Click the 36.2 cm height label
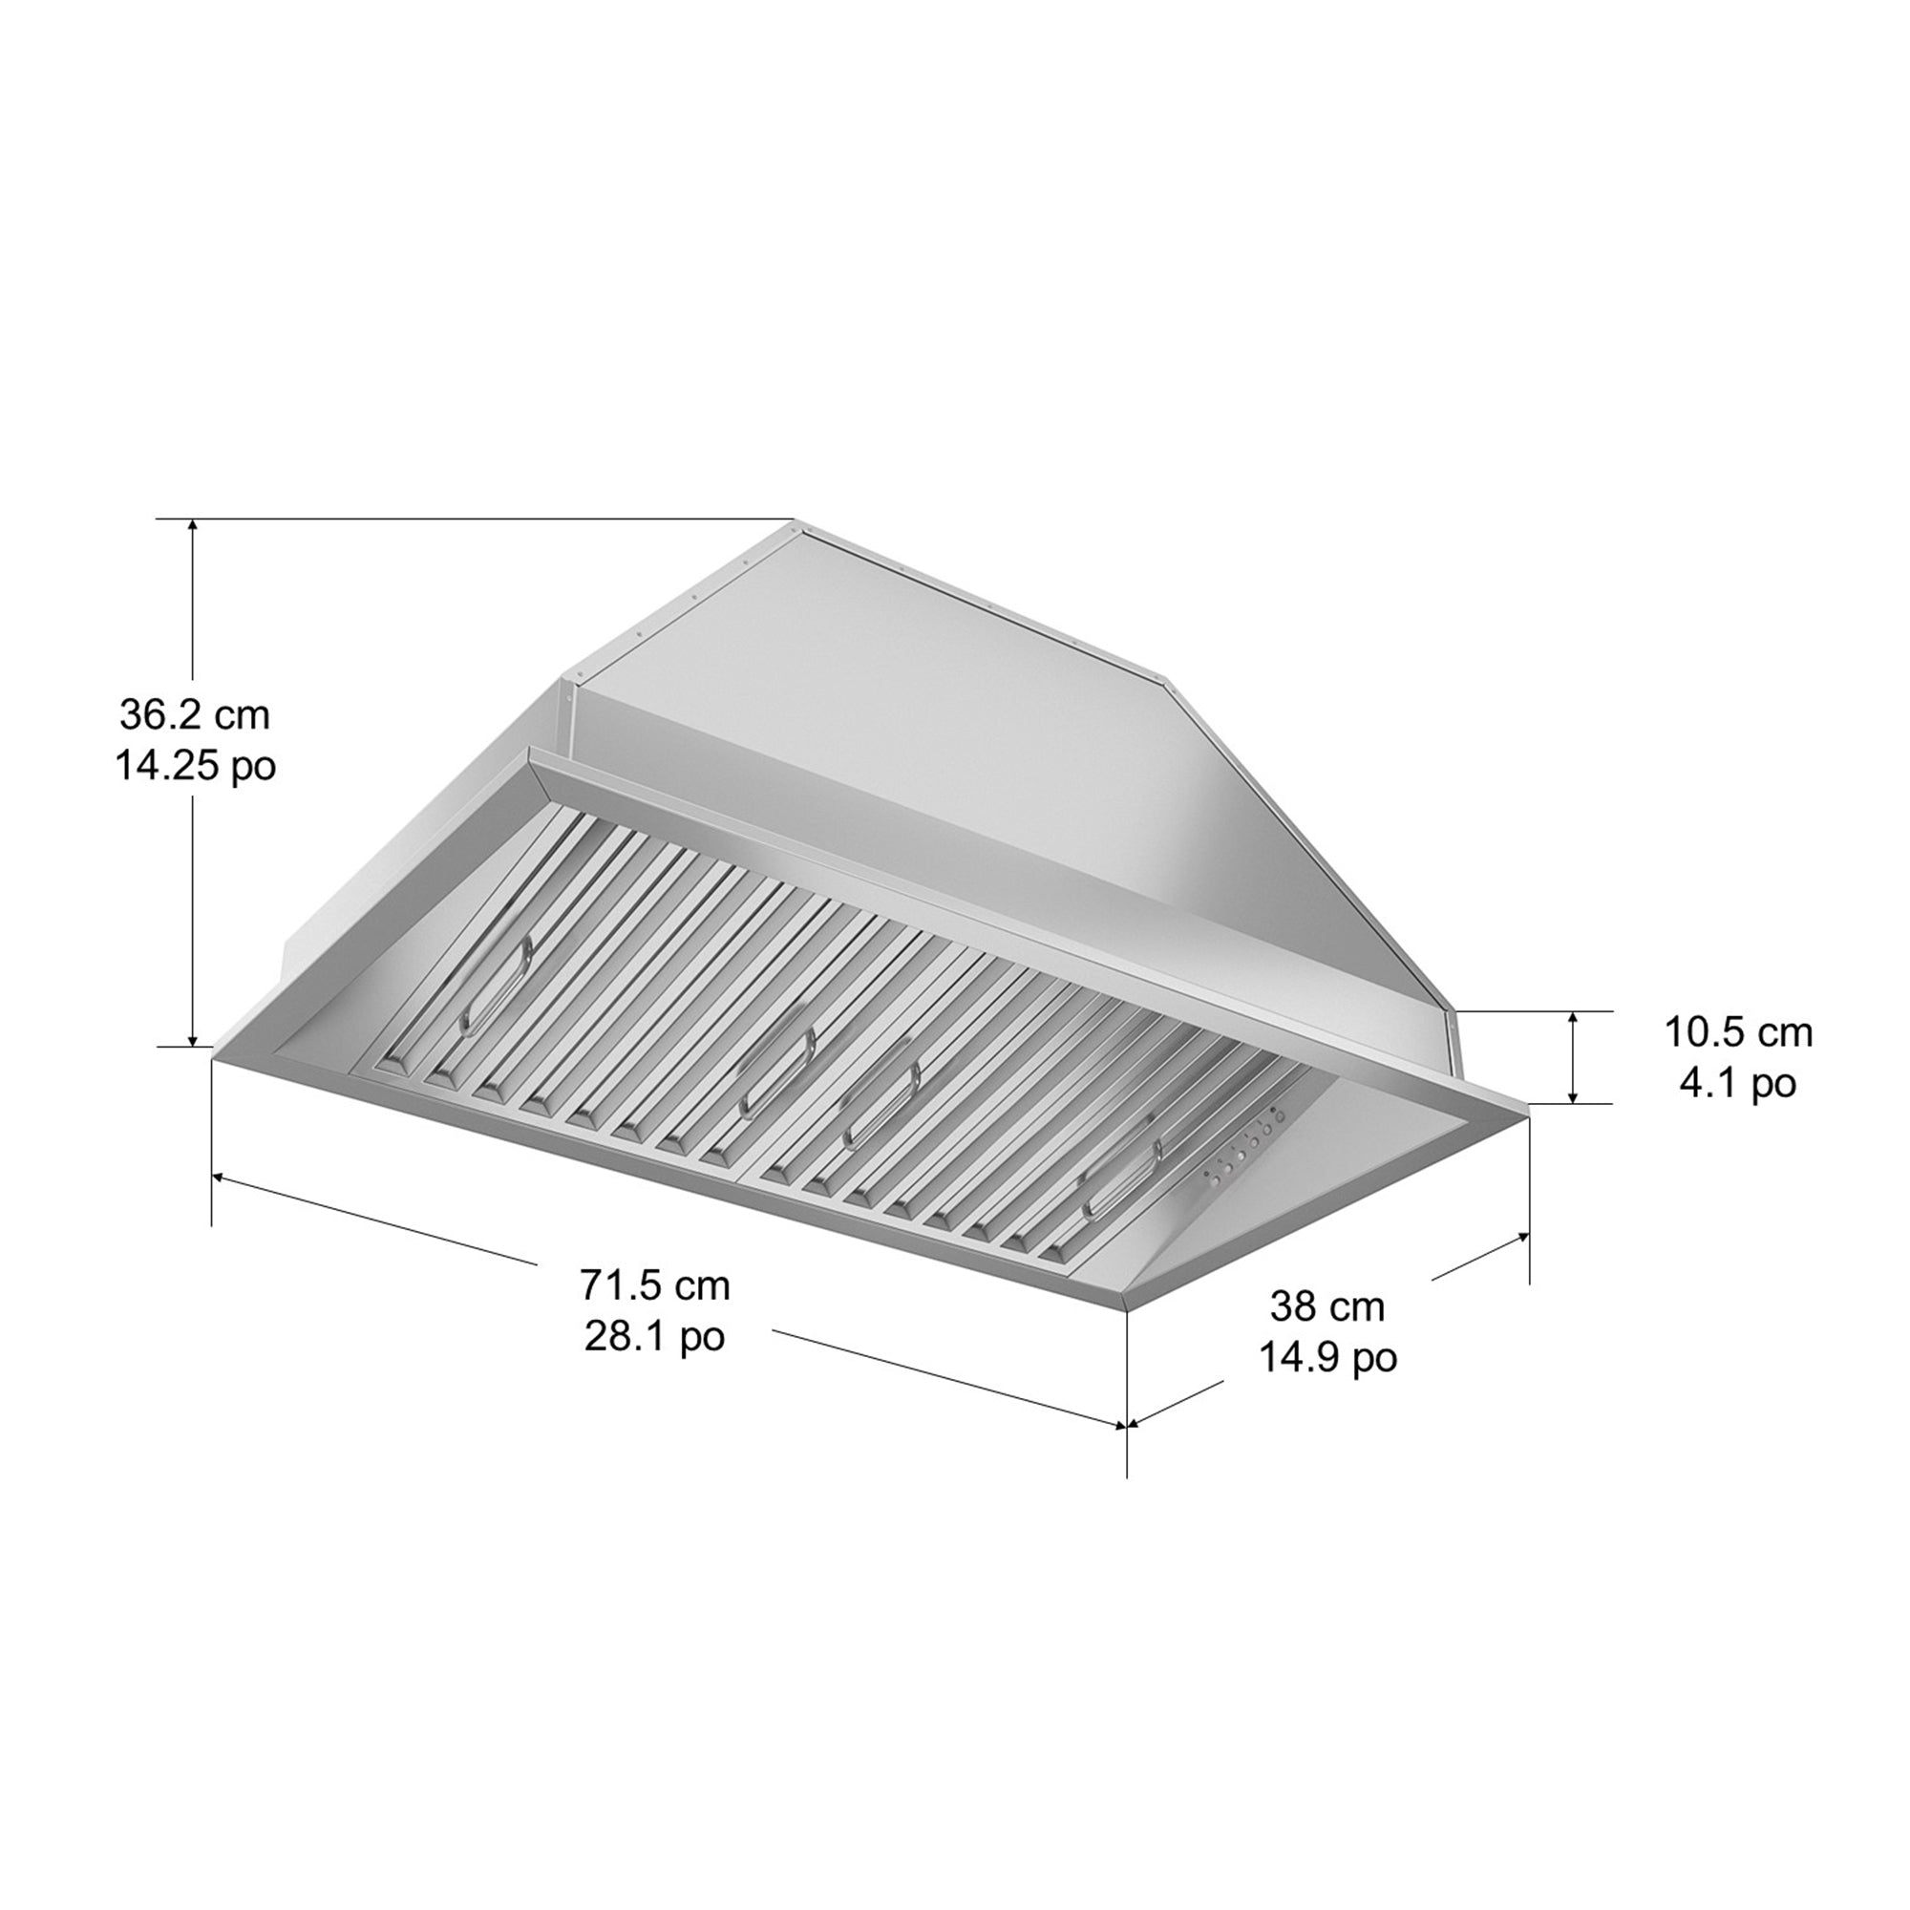(195, 714)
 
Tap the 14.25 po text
(195, 765)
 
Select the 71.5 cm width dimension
(654, 1285)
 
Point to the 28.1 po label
(654, 1337)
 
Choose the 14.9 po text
(1326, 1357)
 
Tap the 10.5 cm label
(1738, 1032)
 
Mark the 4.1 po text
(1738, 1084)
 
